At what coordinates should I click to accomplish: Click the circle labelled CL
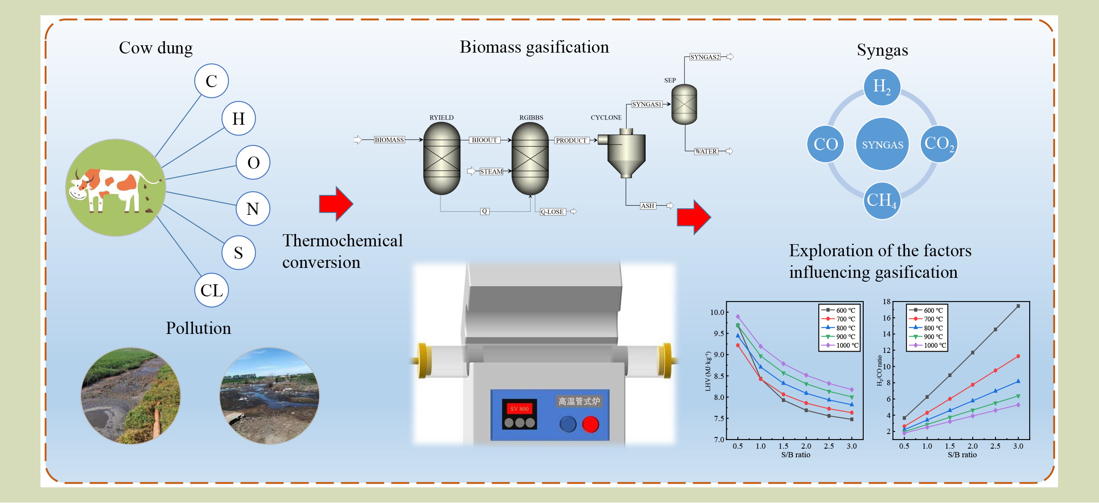211,290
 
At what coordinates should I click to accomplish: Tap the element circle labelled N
253,209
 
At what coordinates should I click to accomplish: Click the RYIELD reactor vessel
442,158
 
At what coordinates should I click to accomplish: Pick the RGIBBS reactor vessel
530,158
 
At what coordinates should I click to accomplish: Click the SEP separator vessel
684,104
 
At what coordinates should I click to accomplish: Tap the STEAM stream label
491,171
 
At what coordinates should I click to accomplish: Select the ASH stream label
648,206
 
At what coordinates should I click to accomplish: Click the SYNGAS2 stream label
705,57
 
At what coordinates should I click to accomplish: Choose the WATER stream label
706,151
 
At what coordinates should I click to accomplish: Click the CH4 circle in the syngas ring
882,201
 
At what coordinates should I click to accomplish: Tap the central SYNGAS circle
882,144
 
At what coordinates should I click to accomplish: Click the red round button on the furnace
590,424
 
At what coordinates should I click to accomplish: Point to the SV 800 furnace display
519,409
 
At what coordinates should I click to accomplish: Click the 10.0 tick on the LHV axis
717,312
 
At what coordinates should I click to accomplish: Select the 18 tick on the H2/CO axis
887,302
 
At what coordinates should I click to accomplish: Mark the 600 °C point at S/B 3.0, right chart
1018,306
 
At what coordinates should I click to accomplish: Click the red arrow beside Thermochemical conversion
336,204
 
